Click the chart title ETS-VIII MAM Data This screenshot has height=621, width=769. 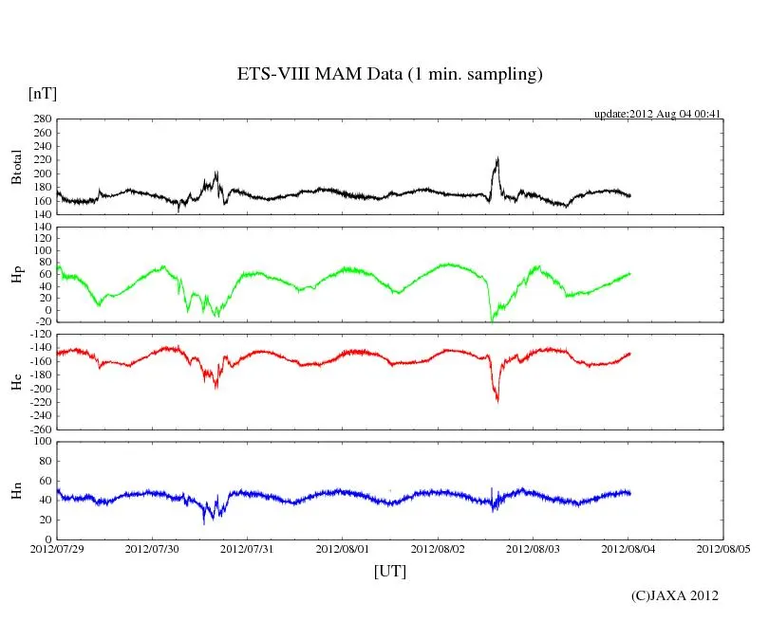point(389,75)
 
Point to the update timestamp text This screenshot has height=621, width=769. point(659,114)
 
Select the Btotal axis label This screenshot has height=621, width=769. point(16,167)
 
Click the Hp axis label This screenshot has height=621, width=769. point(16,274)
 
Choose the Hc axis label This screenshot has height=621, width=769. point(16,382)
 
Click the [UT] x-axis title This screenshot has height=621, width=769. point(389,571)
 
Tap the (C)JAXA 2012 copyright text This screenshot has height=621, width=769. point(675,595)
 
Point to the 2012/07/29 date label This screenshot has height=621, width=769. point(57,548)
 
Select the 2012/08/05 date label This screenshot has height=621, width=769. point(723,548)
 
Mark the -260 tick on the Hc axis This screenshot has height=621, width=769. point(39,429)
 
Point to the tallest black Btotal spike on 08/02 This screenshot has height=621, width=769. point(497,158)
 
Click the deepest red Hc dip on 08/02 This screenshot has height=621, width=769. point(497,402)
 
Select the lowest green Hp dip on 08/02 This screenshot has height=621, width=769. point(491,320)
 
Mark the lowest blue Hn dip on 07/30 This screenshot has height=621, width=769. point(204,522)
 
